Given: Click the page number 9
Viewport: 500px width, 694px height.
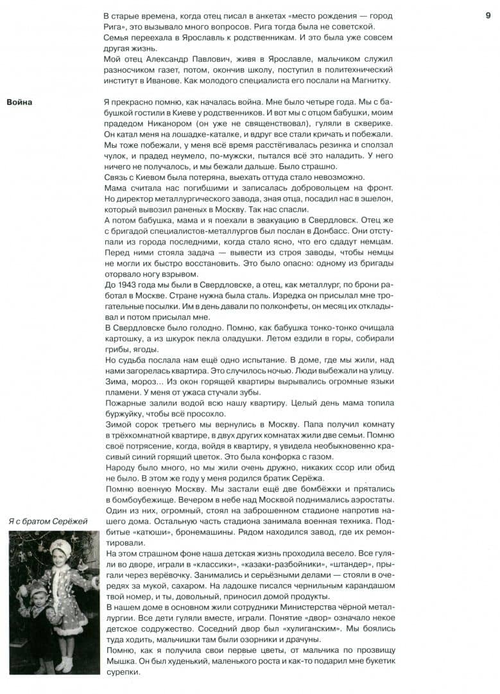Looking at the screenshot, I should [x=488, y=15].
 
